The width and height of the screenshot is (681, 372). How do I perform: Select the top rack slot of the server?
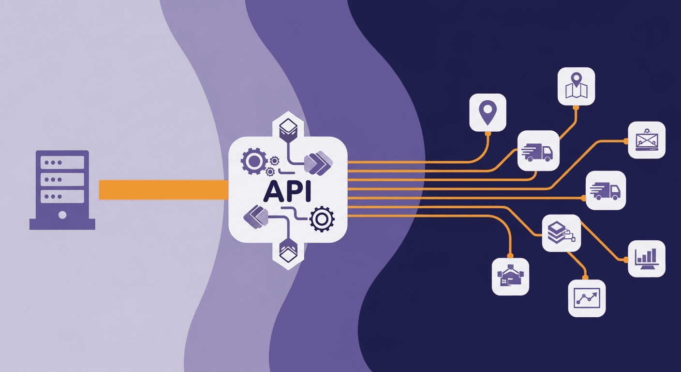[x=62, y=163]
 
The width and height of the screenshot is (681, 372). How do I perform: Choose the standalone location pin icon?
[x=488, y=112]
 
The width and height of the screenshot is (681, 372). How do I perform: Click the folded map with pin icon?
[x=576, y=86]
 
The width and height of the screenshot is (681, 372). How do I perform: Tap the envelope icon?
[x=647, y=139]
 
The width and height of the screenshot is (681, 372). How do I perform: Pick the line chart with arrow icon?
[x=587, y=298]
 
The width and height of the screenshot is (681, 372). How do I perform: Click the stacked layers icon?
[x=561, y=232]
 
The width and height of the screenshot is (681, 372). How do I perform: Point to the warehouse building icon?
[x=510, y=277]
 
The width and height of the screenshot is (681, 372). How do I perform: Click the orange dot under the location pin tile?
[x=488, y=133]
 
